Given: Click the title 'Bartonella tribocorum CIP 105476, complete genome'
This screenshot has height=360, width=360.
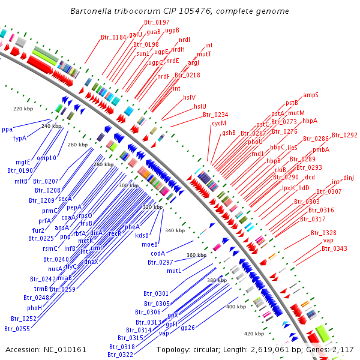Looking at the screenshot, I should (179, 11).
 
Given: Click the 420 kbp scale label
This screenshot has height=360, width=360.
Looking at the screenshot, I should (254, 333).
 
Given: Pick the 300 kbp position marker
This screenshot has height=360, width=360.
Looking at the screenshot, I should (128, 185).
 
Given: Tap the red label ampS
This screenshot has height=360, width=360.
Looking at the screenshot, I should (311, 95).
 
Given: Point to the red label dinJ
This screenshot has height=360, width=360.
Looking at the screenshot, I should (349, 178).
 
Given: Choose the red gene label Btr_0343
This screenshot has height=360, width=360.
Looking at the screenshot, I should (334, 248).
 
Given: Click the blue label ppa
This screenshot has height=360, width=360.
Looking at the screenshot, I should (7, 129).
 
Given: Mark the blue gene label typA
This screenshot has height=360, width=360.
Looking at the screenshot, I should (20, 138).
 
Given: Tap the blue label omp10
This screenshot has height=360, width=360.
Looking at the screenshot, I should (46, 158).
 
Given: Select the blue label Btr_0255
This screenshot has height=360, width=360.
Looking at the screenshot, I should (17, 328).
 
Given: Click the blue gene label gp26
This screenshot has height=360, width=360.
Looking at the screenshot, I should (188, 328).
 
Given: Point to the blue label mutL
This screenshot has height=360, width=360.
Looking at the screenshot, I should (174, 271).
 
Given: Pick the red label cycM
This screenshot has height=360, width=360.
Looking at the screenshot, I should (218, 123).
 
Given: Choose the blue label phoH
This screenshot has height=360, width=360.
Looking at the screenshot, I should (34, 307).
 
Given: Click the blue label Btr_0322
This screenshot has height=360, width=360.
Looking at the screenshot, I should (121, 355).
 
